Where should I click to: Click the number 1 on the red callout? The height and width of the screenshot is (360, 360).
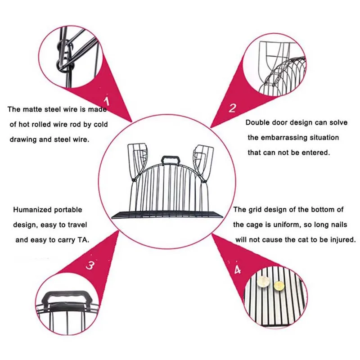point(106,100)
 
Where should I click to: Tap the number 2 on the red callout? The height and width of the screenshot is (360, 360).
point(232,108)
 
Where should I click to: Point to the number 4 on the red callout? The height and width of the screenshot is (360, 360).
point(237,270)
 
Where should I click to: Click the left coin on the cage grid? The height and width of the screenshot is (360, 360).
point(263,283)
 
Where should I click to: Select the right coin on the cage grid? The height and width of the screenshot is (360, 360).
point(279,285)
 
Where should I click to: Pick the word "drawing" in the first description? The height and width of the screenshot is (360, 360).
point(23,139)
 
